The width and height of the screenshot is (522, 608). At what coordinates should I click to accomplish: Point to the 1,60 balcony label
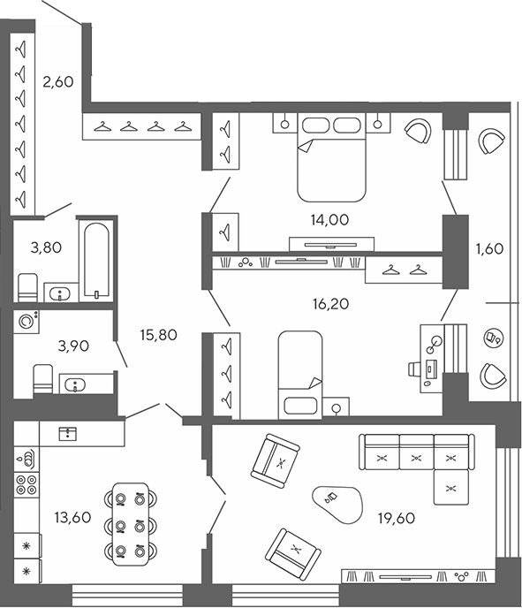[488, 248]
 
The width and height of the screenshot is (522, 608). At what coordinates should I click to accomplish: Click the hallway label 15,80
[160, 336]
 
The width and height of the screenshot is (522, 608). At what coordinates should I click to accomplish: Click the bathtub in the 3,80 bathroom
[94, 261]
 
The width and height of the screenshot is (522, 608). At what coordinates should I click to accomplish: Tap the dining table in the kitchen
[130, 524]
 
